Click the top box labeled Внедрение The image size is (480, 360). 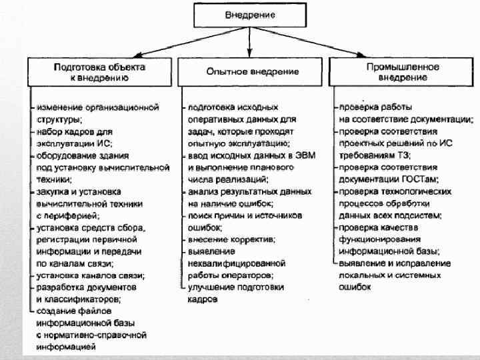coord(249,13)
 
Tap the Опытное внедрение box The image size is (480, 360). coord(251,72)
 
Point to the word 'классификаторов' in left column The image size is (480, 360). coord(83,299)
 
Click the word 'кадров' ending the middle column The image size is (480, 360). coord(203,299)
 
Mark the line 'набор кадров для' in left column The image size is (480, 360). coord(70,131)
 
